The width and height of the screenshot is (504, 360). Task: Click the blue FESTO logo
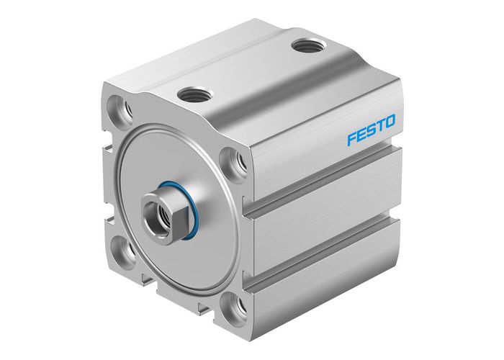[x=370, y=133]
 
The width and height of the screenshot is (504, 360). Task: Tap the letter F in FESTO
[x=351, y=139]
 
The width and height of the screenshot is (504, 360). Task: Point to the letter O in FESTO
[x=389, y=127]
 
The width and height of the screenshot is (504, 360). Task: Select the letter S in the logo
[x=369, y=133]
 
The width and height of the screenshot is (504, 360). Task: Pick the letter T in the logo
[x=379, y=130]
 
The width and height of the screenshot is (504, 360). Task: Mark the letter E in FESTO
[x=360, y=136]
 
